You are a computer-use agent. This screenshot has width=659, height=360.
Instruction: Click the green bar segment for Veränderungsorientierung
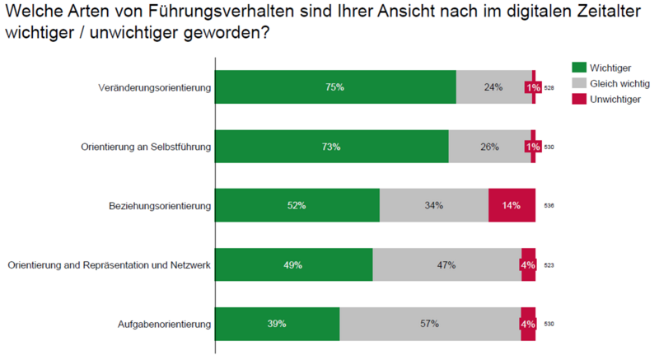(x=335, y=87)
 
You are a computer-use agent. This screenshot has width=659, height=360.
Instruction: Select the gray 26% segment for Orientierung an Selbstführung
(x=489, y=147)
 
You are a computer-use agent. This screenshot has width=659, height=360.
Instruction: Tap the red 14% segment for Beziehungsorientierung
(x=512, y=205)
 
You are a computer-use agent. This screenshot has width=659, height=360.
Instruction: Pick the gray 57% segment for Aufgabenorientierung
(x=429, y=324)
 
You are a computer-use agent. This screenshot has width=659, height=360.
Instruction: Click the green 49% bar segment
(x=293, y=264)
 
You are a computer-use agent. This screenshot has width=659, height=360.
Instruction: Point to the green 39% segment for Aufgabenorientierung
(x=277, y=324)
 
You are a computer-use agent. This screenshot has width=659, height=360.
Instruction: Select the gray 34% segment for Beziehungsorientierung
(x=433, y=205)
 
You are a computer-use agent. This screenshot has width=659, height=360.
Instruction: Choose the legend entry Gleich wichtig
(x=615, y=83)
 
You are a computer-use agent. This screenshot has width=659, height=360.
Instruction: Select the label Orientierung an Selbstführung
(x=146, y=147)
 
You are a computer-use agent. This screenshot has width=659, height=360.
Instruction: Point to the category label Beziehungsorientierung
(x=160, y=205)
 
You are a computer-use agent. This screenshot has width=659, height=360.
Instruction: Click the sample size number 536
(x=549, y=206)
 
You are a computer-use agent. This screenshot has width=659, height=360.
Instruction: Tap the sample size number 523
(x=549, y=265)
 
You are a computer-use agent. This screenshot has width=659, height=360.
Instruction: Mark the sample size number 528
(x=549, y=88)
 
